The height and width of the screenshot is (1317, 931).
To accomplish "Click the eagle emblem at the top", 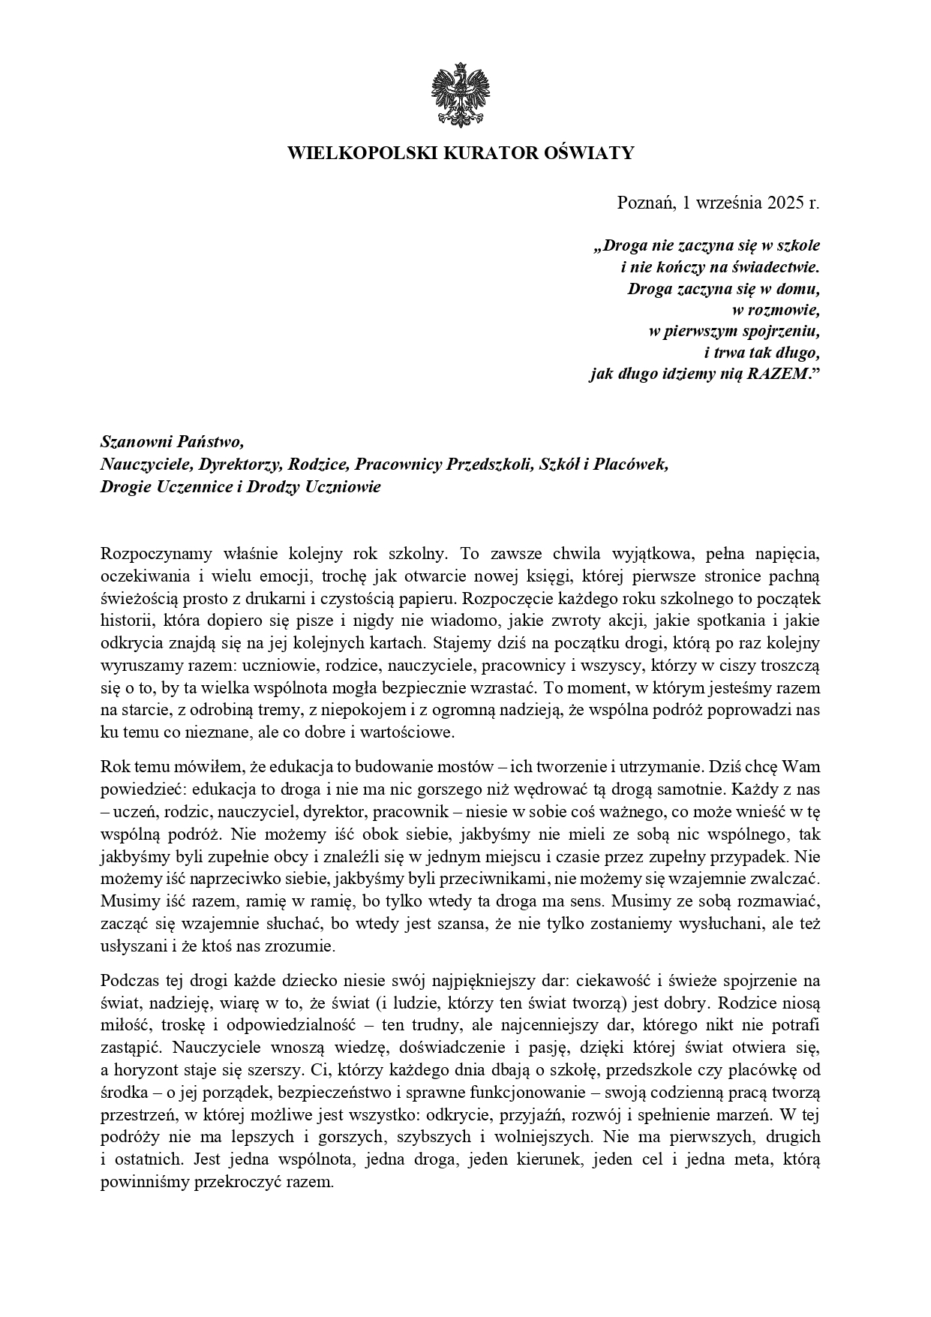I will [x=460, y=95].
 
